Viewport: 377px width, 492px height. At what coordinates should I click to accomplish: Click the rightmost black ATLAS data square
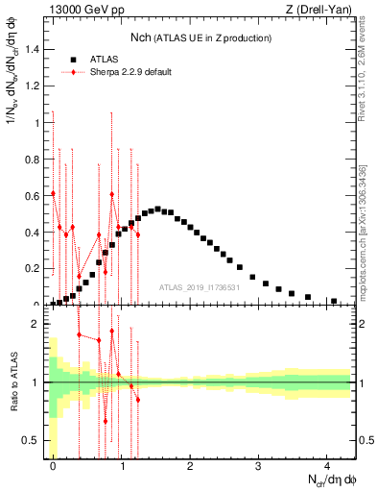[333, 301]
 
